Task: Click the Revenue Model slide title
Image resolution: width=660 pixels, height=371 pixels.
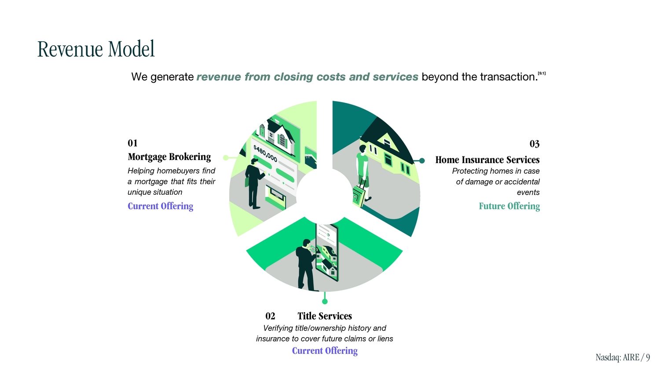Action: [x=96, y=49]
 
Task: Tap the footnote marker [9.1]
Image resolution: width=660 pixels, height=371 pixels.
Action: [x=542, y=73]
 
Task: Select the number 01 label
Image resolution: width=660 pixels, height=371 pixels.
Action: [x=132, y=143]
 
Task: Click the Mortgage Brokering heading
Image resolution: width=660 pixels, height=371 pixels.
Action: [x=169, y=157]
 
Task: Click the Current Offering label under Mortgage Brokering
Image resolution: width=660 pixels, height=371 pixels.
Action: [x=160, y=206]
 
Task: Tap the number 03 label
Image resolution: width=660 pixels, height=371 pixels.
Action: [x=534, y=144]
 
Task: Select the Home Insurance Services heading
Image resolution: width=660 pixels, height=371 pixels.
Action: [x=487, y=160]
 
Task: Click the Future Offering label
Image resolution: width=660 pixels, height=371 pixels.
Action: [x=509, y=206]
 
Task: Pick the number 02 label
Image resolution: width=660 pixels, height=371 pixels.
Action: [x=270, y=316]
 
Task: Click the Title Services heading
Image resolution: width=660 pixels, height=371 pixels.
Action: [x=325, y=316]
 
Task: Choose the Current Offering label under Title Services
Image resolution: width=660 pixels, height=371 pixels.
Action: [x=325, y=351]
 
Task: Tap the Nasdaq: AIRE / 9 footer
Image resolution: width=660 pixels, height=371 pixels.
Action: [x=622, y=357]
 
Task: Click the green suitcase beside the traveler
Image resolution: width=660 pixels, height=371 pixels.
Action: [x=359, y=195]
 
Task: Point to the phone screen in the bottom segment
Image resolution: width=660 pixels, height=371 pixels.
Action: [x=327, y=253]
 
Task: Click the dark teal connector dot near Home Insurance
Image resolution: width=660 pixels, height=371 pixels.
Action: [x=422, y=161]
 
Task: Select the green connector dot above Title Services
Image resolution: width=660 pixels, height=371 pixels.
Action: [x=325, y=301]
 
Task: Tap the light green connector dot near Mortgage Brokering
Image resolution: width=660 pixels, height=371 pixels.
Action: [x=226, y=157]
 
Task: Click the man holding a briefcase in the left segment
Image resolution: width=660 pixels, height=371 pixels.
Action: [x=253, y=183]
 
